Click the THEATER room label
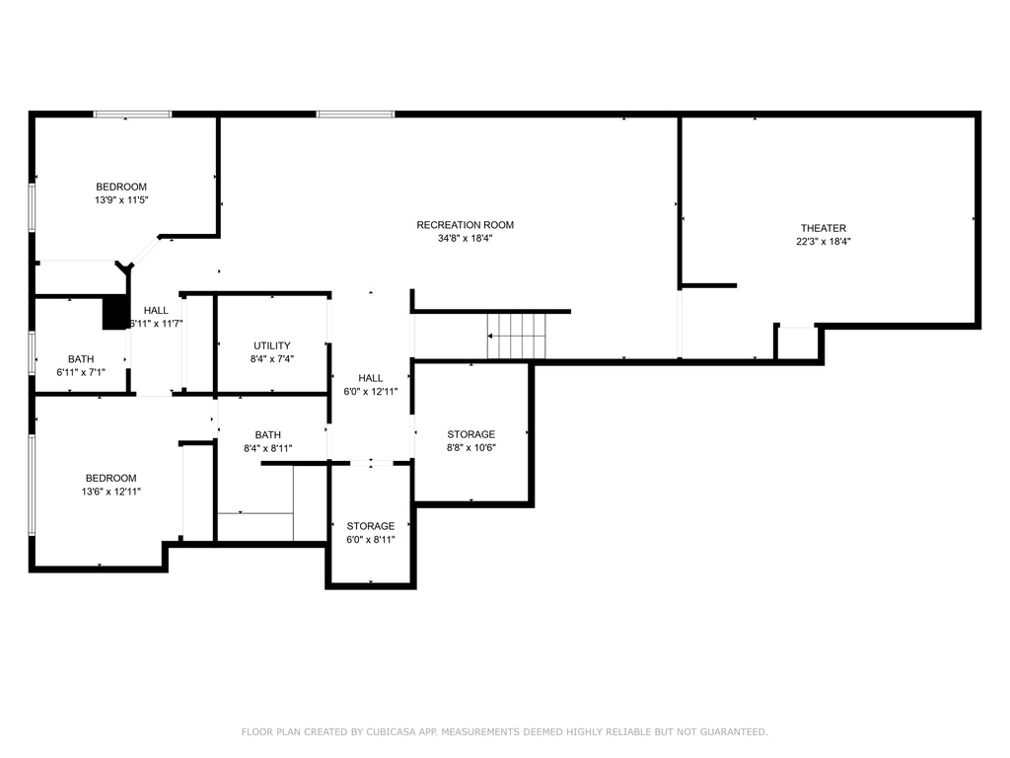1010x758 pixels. coord(824,228)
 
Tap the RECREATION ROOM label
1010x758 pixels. coord(466,225)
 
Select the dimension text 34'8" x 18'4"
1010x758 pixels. coord(466,239)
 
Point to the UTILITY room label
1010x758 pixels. coord(272,345)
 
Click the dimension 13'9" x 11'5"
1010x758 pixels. coord(121,200)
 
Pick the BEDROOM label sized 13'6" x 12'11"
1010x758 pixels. coord(110,479)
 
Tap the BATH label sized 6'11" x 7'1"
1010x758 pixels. coord(81,359)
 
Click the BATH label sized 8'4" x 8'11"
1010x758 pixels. coord(268,435)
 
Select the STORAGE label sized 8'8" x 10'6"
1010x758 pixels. coord(471,434)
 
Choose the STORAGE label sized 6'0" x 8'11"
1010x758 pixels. coord(371,526)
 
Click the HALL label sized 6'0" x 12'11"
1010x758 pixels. coord(371,378)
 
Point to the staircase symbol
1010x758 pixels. coord(517,336)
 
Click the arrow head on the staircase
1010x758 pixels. coord(490,336)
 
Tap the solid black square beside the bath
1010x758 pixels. coord(115,313)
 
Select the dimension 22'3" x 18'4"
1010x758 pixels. coord(824,242)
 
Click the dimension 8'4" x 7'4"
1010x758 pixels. coord(272,359)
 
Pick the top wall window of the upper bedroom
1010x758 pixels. coord(133,114)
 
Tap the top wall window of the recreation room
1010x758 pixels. coord(355,114)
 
